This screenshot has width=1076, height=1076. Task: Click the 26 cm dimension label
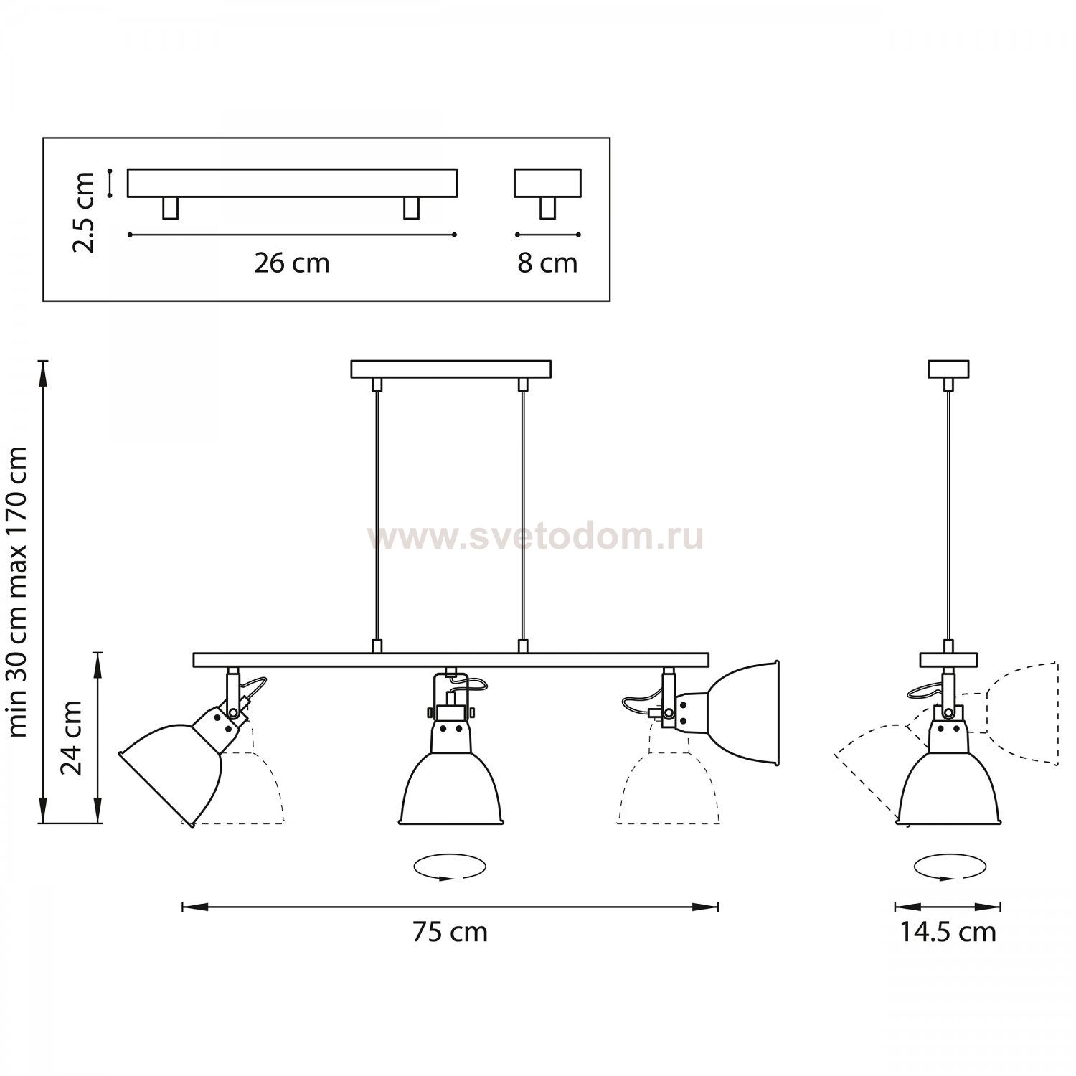[x=292, y=263]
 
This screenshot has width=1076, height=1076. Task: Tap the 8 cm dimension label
[x=548, y=263]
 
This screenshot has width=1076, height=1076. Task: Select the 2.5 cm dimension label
[x=84, y=212]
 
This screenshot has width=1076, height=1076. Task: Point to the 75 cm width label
[x=450, y=932]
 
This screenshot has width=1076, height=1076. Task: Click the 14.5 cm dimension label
[x=948, y=932]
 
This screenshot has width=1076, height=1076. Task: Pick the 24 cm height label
[x=72, y=737]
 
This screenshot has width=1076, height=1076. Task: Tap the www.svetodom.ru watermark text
[x=536, y=537]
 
